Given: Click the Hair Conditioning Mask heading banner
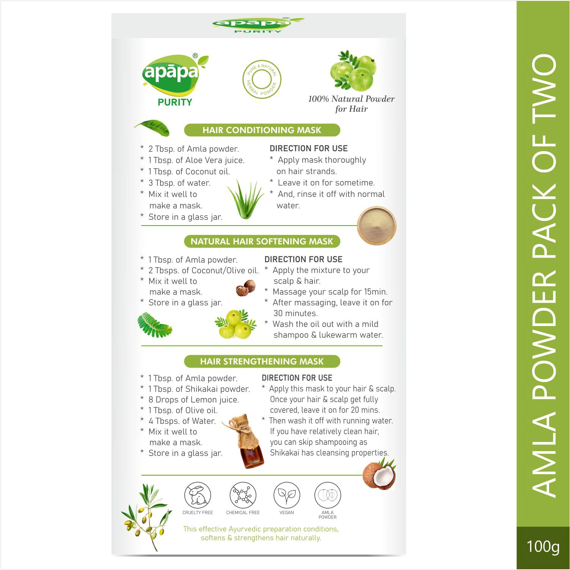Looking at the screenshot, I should (262, 130).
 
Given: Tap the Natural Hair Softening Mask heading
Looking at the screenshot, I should (262, 241).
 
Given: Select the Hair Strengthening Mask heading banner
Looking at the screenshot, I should (262, 361).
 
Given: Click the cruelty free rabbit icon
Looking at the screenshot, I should (198, 496).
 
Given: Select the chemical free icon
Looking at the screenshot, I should (243, 496).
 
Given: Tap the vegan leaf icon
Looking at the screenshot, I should (287, 495).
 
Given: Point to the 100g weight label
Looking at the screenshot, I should (543, 547).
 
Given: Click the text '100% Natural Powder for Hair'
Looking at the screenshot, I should (351, 104).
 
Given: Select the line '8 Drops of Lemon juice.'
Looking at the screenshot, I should (193, 399).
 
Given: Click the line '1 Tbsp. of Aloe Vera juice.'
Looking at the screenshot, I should (196, 160).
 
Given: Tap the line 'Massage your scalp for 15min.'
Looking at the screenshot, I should (330, 292).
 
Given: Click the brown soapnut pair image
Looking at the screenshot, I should (245, 288).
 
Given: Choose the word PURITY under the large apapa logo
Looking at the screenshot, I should (174, 102).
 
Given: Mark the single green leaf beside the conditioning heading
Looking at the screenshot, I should (152, 128).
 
